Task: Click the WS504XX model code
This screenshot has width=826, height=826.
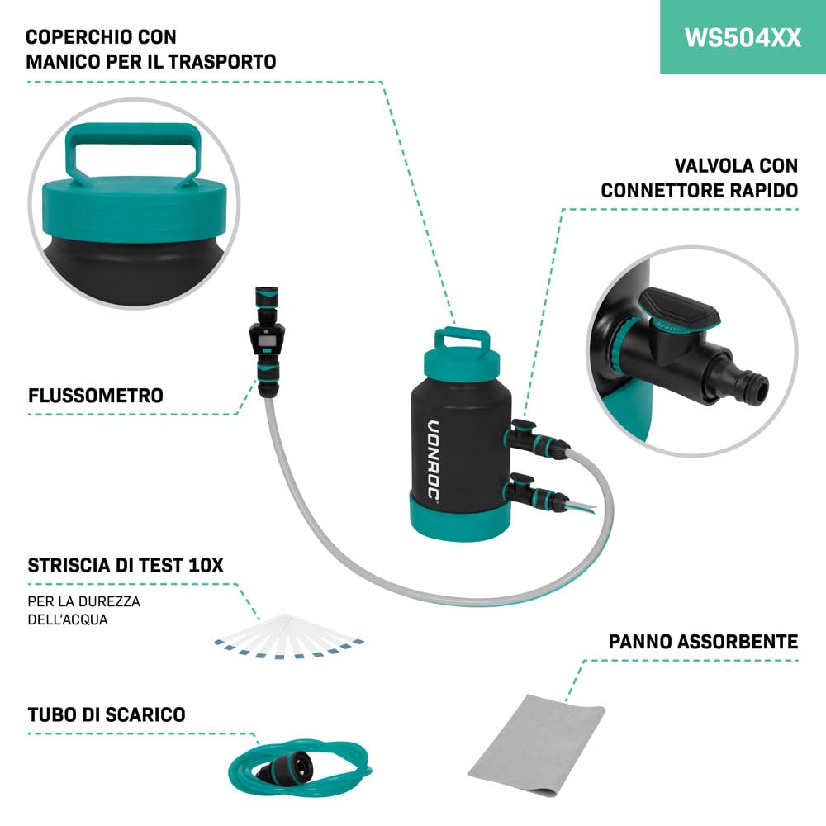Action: (x=743, y=38)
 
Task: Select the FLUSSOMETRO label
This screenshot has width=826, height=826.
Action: (x=95, y=395)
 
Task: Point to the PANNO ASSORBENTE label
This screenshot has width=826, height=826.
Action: (x=703, y=642)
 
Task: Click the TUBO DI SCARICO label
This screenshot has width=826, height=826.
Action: (x=107, y=714)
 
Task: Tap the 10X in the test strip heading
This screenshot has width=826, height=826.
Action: (x=206, y=565)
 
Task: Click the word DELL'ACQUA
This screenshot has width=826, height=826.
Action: (x=68, y=619)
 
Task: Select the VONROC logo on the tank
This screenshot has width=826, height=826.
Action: (x=433, y=461)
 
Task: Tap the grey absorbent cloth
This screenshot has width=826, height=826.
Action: (x=536, y=744)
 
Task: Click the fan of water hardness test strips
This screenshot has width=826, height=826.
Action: (x=288, y=636)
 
